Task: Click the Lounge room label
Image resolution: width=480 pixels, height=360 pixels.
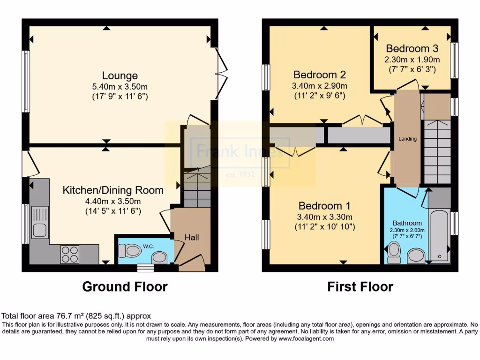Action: click(x=120, y=75)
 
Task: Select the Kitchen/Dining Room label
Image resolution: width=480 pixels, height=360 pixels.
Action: click(x=113, y=190)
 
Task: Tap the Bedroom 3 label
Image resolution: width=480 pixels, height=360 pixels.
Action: click(x=412, y=48)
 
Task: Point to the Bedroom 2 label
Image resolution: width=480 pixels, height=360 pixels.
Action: click(x=320, y=75)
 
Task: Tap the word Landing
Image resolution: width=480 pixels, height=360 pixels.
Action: click(x=407, y=139)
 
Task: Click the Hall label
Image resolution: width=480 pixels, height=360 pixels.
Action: click(x=192, y=237)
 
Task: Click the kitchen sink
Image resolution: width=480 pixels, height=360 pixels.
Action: click(x=39, y=222)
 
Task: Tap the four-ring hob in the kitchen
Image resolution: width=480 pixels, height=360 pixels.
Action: click(x=69, y=254)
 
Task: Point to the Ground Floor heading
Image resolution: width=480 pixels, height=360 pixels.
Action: click(x=125, y=286)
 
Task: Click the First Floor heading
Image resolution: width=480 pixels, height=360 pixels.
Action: click(x=360, y=286)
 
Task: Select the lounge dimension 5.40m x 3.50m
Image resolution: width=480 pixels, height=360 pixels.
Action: click(x=120, y=87)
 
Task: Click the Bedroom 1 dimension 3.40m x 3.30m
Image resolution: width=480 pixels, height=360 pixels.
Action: click(x=325, y=217)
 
